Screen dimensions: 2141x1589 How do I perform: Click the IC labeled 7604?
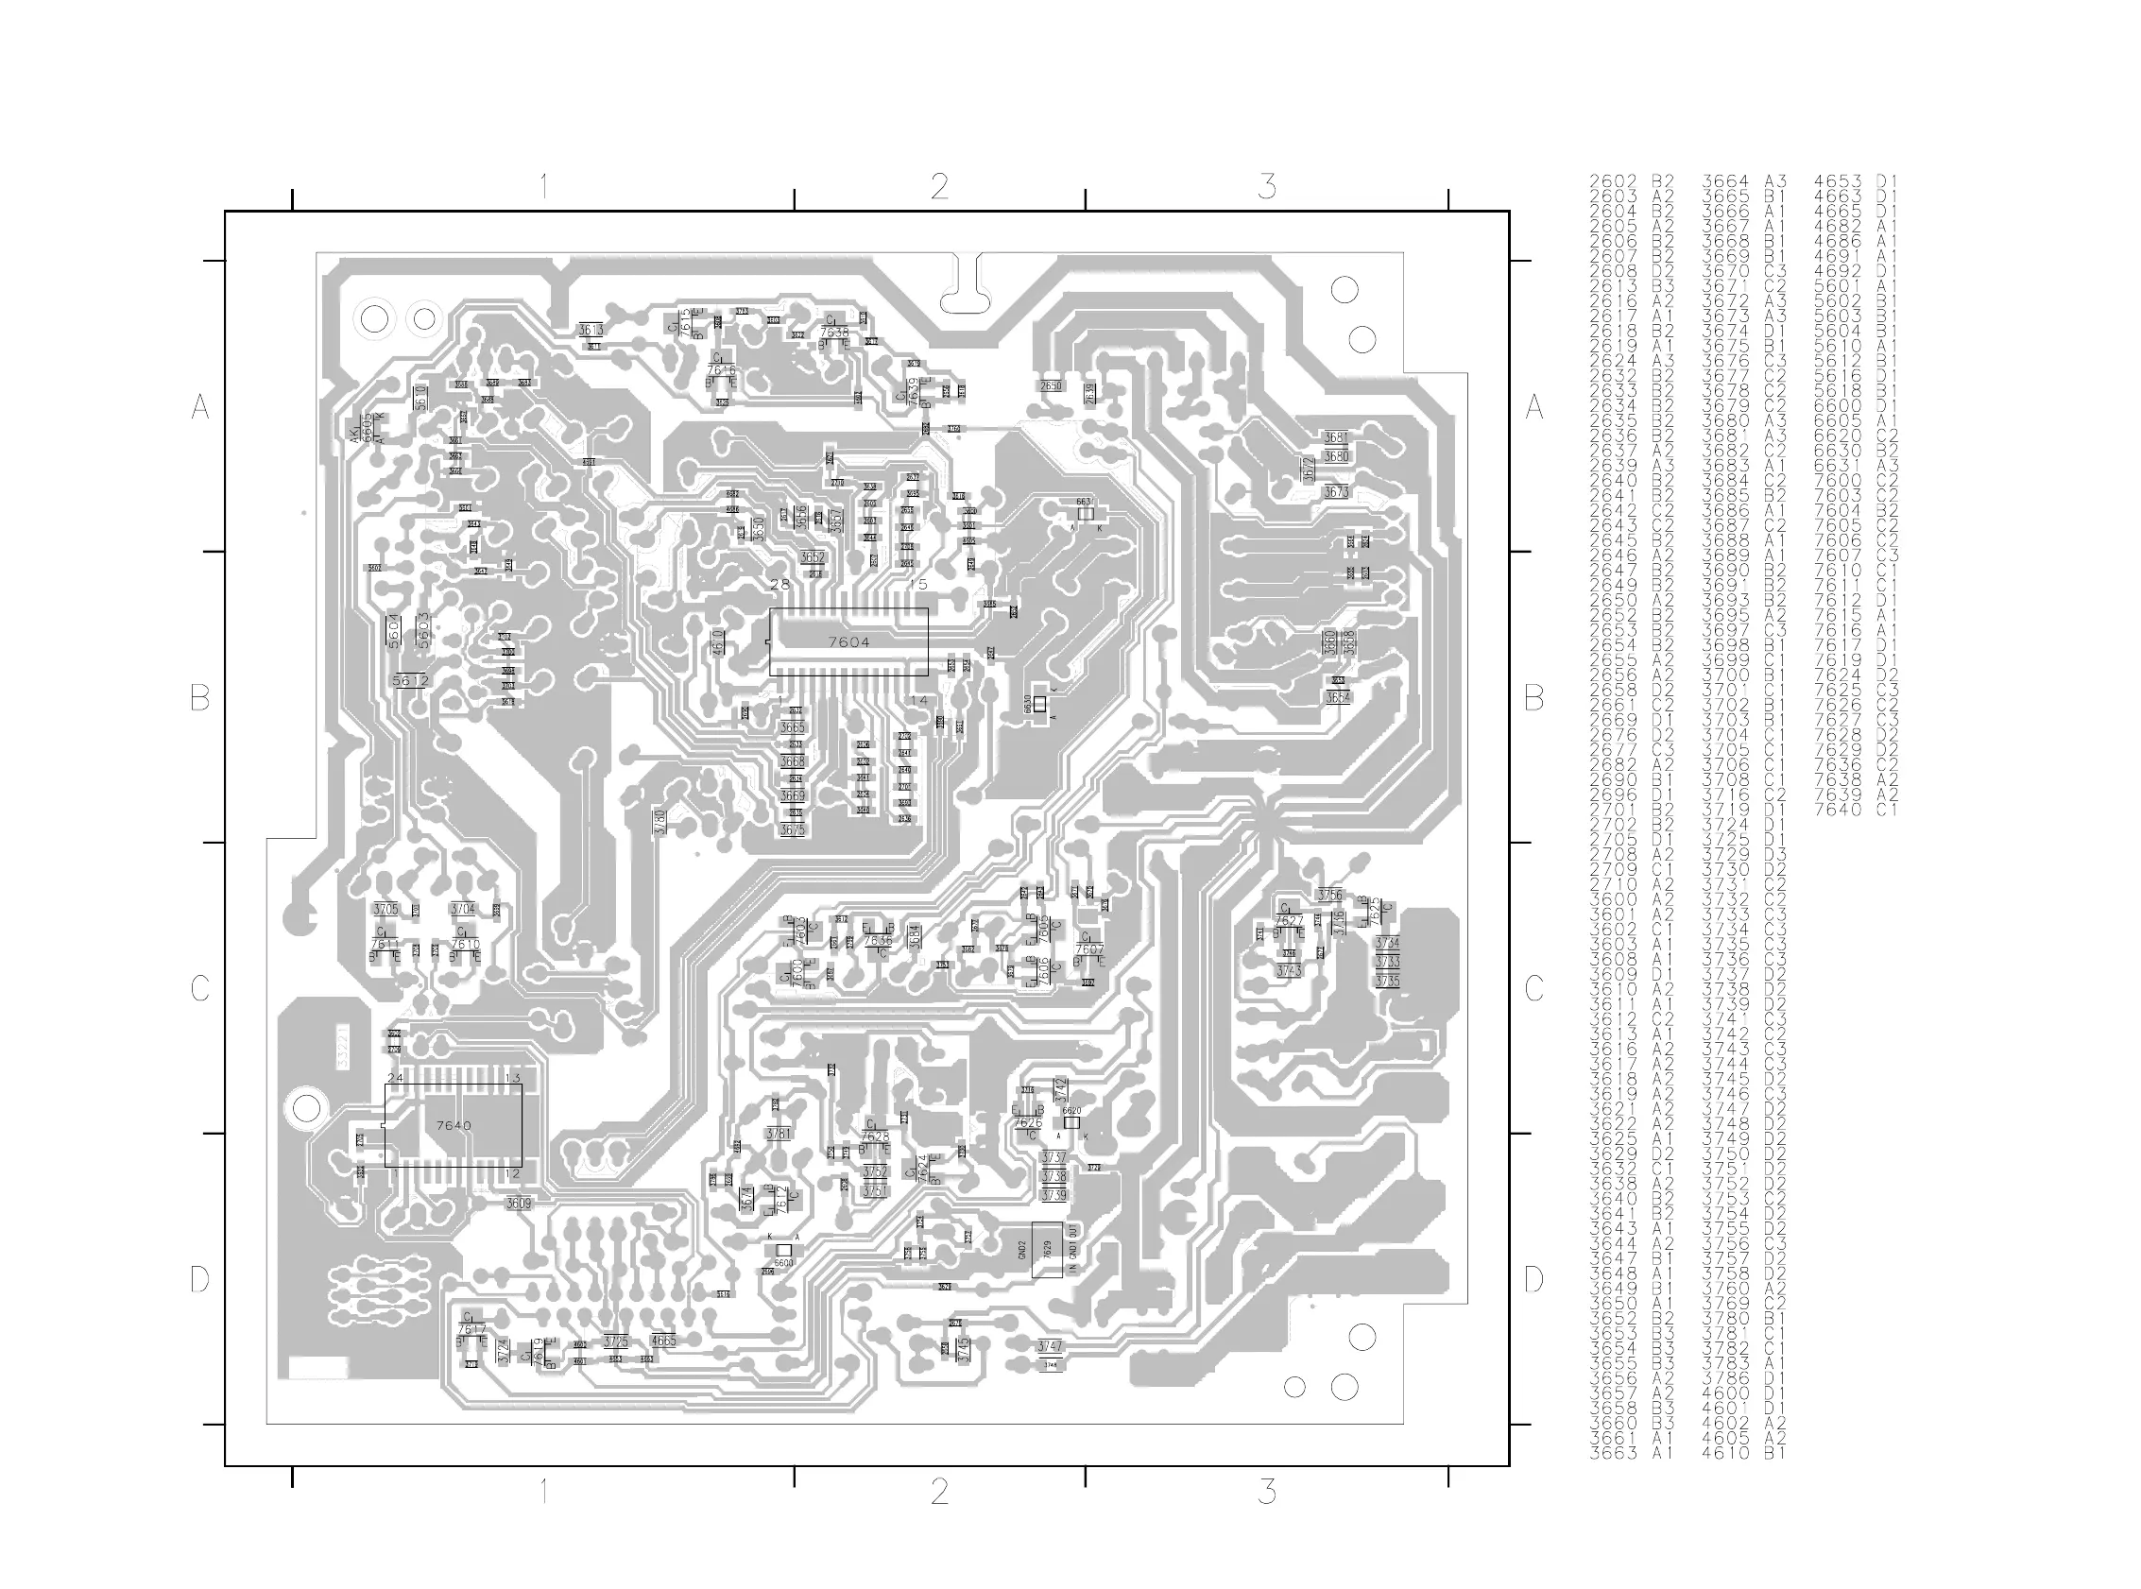848,641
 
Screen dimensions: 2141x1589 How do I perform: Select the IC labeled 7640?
453,1124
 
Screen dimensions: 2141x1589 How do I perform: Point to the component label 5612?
411,680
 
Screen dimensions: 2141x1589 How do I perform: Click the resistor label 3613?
591,330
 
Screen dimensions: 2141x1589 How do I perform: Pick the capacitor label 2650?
1051,385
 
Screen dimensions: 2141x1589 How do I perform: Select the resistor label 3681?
1336,437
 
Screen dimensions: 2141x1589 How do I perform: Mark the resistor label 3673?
1336,491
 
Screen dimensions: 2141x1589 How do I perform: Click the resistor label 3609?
519,1203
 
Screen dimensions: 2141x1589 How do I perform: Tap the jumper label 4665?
662,1340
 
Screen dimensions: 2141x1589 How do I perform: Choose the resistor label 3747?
1051,1345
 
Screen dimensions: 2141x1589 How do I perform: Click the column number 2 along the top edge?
940,186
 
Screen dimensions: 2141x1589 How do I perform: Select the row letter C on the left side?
199,988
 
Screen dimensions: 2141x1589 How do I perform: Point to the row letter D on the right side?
1534,1279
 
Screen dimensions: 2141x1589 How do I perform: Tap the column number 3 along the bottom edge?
1268,1492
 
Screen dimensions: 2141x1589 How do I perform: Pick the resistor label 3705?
385,909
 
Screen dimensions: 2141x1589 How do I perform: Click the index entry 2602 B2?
1631,180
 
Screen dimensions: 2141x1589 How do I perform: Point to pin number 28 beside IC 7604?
780,584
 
